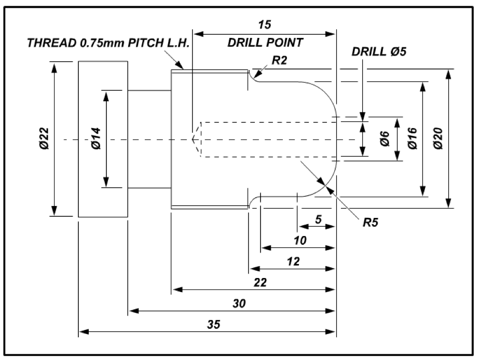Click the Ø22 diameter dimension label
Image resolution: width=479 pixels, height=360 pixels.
(44, 139)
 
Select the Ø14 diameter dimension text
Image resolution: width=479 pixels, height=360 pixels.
(95, 139)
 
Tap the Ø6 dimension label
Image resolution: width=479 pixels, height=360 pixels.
(385, 139)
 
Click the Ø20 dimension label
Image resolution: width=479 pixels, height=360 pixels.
(439, 139)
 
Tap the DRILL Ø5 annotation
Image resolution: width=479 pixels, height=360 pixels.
(379, 52)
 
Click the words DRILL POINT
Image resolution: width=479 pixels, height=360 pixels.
(265, 43)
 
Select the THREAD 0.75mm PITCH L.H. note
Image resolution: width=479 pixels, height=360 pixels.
(108, 43)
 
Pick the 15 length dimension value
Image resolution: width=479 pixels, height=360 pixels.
(264, 24)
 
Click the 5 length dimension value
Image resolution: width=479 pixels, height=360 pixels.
(318, 219)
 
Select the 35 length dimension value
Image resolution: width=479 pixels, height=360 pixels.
(213, 324)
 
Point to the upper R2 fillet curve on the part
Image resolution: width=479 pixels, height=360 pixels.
(252, 77)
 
